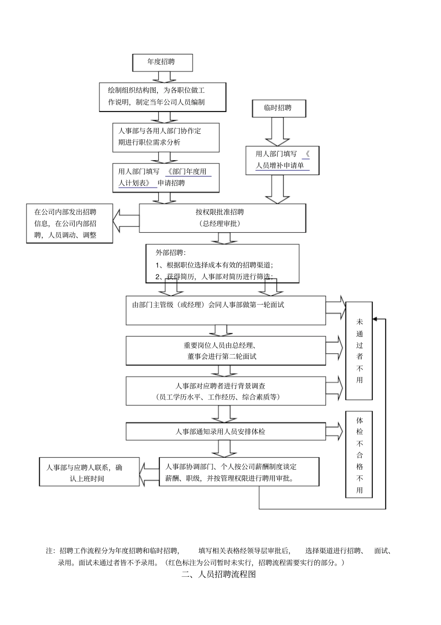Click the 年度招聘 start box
[x=162, y=62]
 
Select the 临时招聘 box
[x=279, y=108]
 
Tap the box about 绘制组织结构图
[x=162, y=97]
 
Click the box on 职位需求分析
[x=166, y=137]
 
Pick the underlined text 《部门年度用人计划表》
[x=165, y=177]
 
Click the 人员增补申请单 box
[x=282, y=160]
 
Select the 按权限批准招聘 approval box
[x=222, y=218]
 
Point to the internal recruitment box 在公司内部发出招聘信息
[x=70, y=223]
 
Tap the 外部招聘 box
[x=222, y=263]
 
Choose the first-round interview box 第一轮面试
[x=226, y=310]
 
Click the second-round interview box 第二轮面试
[x=226, y=351]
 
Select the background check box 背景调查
[x=226, y=391]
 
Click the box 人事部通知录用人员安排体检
[x=226, y=431]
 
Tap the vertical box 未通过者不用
[x=359, y=351]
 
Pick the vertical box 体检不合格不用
[x=359, y=455]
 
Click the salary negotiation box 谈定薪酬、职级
[x=239, y=472]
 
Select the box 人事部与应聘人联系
[x=89, y=473]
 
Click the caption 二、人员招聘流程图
[x=219, y=574]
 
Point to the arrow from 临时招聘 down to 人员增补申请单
[x=278, y=131]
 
